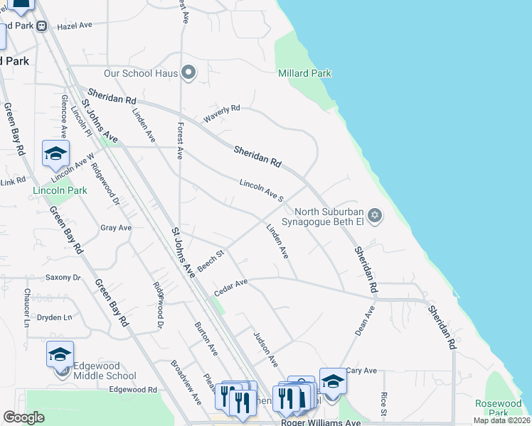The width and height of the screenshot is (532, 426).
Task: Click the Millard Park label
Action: pos(304,73)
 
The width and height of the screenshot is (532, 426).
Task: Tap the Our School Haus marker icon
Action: pos(188,73)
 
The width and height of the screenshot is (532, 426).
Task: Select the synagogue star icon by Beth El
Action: pos(376,216)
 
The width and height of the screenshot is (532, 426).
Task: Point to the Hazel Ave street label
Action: pos(75,25)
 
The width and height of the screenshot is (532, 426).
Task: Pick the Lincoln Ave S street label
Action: pos(262,190)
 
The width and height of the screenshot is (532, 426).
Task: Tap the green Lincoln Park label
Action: pos(60,190)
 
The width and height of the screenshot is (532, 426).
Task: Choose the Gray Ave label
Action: pos(116,228)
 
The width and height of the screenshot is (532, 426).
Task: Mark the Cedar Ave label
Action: pos(230,288)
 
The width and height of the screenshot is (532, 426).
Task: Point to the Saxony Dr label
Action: pos(63,278)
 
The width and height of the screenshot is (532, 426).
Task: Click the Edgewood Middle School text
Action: pos(105,371)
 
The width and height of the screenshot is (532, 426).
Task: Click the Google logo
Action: pos(24,417)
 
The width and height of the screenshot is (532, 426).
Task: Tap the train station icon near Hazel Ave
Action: pos(42,26)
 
